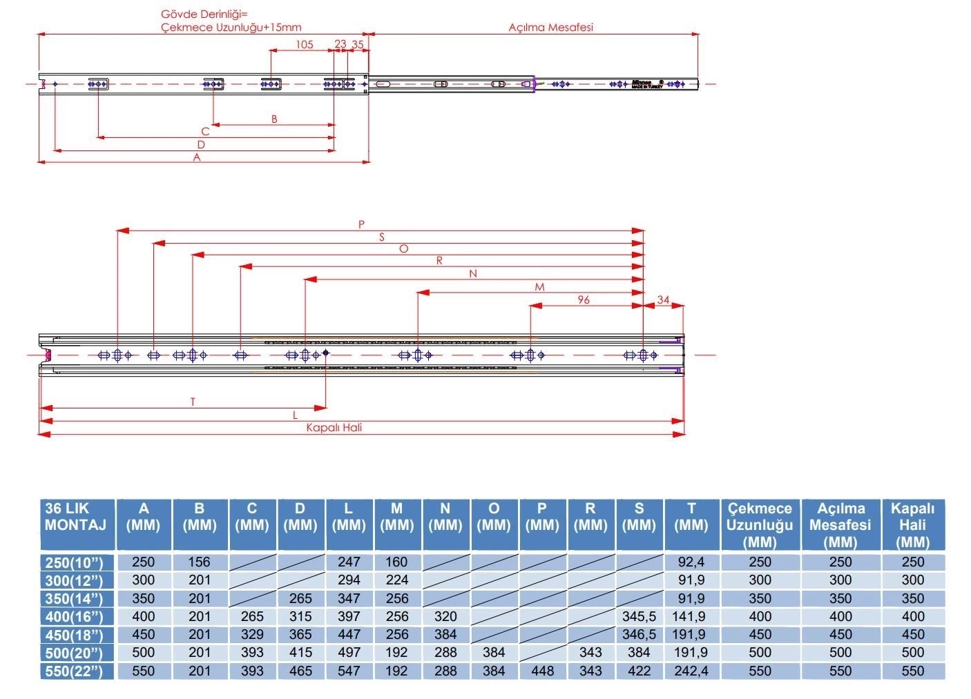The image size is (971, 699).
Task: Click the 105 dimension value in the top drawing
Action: coord(305,44)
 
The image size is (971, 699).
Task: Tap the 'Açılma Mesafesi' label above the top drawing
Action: coord(550,28)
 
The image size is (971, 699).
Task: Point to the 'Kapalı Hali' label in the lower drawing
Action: coord(334,427)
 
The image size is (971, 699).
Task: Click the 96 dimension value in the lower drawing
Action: coord(584,299)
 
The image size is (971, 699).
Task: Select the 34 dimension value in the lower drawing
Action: coord(663,299)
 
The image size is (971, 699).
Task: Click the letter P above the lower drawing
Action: coord(361,224)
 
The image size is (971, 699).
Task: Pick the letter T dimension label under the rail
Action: coord(193,402)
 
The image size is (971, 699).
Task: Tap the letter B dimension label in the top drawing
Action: coord(274,119)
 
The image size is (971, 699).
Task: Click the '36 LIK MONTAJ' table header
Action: coord(75,517)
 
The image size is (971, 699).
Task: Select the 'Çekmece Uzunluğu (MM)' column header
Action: coord(760,525)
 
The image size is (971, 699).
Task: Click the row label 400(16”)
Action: coord(74,617)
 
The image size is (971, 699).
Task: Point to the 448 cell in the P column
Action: coord(542,671)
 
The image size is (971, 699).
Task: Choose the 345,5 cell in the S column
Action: coord(639,616)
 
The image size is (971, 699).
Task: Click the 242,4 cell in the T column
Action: coord(691,671)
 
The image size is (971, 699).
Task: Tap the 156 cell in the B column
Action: coord(199,562)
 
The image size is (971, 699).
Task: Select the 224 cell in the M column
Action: coord(397,580)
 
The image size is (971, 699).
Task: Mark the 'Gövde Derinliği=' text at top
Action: coord(204,14)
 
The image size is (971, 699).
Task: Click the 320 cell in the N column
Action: coord(445,616)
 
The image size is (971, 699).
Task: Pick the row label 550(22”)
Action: coord(74,671)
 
